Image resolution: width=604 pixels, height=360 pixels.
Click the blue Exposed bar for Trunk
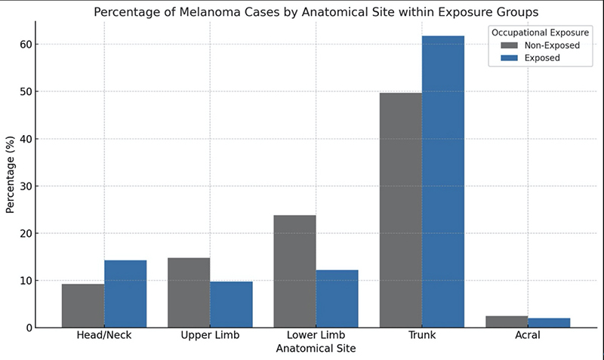[x=443, y=182]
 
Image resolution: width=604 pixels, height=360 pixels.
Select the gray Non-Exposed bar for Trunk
[x=401, y=211]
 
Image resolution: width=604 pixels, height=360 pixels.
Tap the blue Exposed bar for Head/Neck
[x=125, y=294]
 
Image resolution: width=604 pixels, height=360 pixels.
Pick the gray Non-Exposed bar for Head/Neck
[x=83, y=306]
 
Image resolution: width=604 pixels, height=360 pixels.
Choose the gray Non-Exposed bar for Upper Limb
[x=189, y=293]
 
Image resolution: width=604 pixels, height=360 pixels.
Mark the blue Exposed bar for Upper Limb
[x=231, y=305]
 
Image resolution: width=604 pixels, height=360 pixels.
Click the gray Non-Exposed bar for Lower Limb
[x=294, y=272]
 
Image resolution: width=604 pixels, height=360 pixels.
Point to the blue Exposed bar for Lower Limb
[x=337, y=299]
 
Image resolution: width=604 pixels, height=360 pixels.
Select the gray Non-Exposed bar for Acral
[x=507, y=322]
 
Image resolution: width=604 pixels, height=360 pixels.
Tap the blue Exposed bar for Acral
[x=549, y=323]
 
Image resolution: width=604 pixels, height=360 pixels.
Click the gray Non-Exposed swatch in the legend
[x=509, y=45]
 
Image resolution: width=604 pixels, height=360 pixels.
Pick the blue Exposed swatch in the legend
[x=509, y=58]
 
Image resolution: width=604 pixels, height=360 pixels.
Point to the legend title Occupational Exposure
[x=540, y=32]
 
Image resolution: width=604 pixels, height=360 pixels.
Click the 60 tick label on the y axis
[x=26, y=45]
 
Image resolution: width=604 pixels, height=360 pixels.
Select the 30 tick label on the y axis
[x=26, y=186]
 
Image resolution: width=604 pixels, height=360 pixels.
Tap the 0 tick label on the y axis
[x=29, y=328]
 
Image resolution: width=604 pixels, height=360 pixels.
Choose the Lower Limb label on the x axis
[x=316, y=335]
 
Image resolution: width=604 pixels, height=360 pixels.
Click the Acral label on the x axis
[x=528, y=335]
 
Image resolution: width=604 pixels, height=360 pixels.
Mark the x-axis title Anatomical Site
[x=316, y=349]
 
